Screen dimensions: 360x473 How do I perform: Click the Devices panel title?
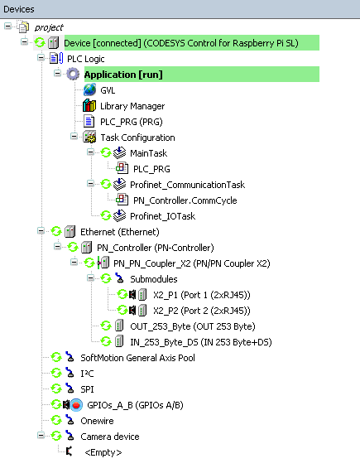(x=19, y=9)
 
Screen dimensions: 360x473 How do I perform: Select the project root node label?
(x=49, y=28)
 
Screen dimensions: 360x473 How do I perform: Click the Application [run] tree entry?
(x=123, y=75)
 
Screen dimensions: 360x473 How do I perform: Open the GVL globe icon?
(x=89, y=90)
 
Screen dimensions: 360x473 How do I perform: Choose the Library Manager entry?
(x=132, y=106)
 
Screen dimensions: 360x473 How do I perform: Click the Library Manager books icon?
(x=89, y=105)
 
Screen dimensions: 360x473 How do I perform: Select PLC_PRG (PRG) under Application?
(x=132, y=122)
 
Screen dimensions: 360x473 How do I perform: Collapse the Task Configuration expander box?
(x=74, y=137)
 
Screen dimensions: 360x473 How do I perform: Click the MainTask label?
(x=148, y=153)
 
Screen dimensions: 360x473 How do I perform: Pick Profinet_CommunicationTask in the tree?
(x=187, y=185)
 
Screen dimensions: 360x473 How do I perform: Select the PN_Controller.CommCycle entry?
(x=185, y=200)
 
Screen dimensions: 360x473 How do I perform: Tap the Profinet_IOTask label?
(x=163, y=216)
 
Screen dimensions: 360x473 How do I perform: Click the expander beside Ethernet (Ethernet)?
(x=41, y=231)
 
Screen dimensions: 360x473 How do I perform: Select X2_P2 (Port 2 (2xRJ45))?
(x=202, y=311)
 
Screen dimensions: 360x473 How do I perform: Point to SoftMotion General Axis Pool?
(x=137, y=358)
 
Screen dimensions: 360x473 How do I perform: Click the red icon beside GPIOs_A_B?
(x=76, y=405)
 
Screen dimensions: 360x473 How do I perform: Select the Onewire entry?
(x=97, y=421)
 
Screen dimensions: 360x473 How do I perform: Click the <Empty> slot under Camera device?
(x=103, y=452)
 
